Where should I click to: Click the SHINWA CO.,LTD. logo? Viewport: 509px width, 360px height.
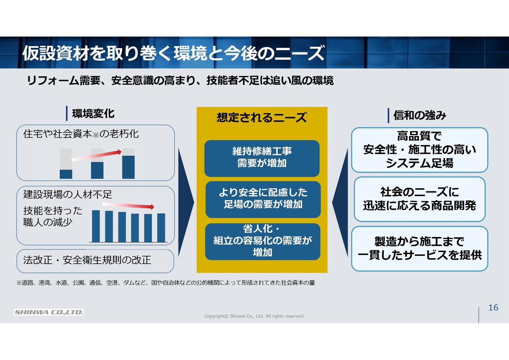pos(49,312)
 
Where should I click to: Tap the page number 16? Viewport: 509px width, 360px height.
pos(493,307)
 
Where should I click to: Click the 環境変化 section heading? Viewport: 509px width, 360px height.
pos(93,114)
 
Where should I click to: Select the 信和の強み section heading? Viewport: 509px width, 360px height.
pos(420,115)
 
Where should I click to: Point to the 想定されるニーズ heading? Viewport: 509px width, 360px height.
pos(262,117)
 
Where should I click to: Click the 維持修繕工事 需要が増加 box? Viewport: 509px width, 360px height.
pos(262,158)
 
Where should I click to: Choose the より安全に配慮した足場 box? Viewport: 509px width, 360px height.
pos(263,199)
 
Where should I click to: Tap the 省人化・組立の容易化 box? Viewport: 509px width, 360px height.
pos(263,241)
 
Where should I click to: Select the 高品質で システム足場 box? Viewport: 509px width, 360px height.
pos(420,150)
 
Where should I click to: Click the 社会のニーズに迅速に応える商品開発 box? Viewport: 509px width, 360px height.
pos(420,199)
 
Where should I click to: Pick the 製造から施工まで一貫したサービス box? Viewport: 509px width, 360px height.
pos(420,248)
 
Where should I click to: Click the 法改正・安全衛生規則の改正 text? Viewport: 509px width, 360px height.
pos(87,260)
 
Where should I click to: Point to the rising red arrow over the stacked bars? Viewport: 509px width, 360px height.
pos(97,156)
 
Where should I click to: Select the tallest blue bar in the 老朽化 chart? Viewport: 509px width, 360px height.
pos(128,167)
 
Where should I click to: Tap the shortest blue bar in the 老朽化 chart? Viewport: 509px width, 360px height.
pos(66,174)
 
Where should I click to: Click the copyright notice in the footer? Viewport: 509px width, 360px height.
pos(254,316)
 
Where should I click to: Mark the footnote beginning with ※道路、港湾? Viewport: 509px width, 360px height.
pos(166,283)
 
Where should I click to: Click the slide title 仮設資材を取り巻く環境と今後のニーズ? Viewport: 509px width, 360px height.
pos(173,53)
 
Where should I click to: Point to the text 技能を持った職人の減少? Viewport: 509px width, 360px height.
pos(53,216)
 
